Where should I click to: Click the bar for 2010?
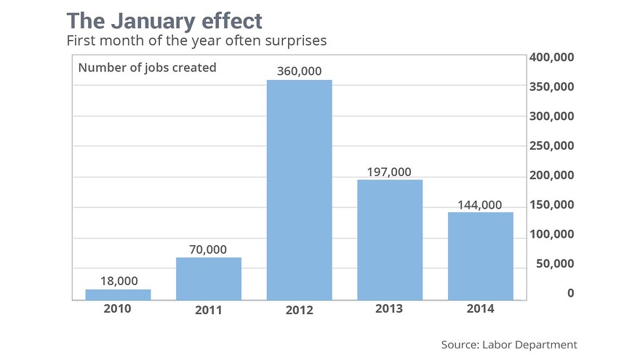(118, 295)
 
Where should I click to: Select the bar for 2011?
(209, 279)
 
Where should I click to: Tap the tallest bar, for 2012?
(299, 190)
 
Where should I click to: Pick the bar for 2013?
(390, 239)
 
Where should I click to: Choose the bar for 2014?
(481, 256)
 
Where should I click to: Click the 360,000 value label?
(299, 71)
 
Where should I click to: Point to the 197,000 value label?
(390, 172)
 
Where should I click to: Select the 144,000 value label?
(481, 204)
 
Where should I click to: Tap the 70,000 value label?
(209, 249)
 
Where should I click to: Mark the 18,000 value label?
(118, 281)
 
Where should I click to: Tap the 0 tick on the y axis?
(571, 293)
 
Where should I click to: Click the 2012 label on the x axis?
(299, 310)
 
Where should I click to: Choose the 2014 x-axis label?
(481, 309)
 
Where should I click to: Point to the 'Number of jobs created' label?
(147, 68)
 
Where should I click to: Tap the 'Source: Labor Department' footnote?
(508, 344)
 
